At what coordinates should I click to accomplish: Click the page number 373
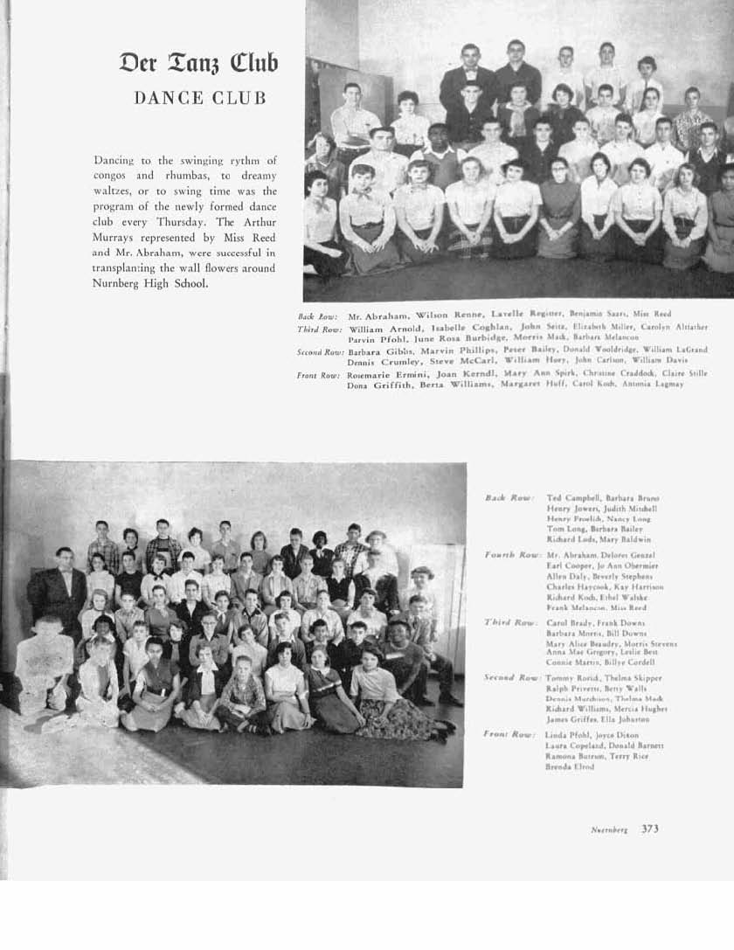(649, 829)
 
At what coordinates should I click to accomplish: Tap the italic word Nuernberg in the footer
(609, 830)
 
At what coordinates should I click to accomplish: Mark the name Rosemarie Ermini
(374, 373)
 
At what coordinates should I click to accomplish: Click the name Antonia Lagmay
(657, 385)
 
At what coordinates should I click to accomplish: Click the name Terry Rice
(629, 756)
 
